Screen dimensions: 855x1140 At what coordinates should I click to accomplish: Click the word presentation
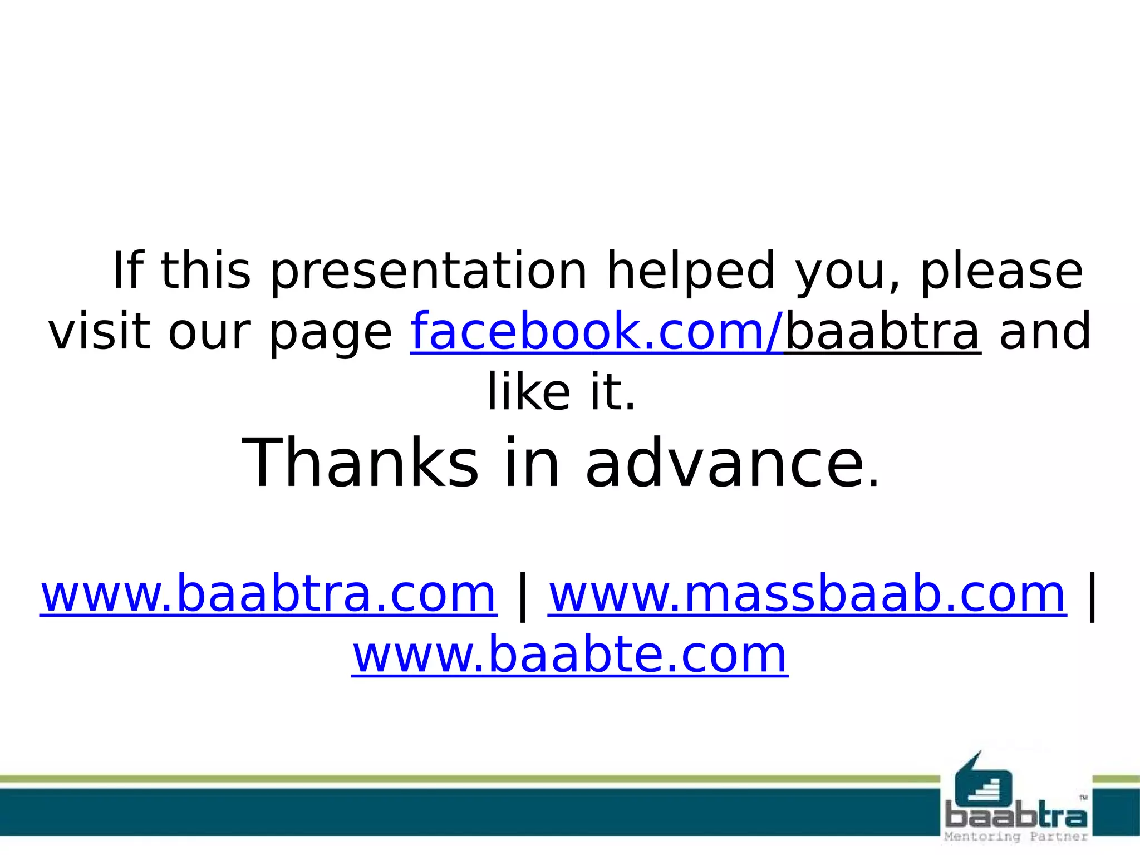tap(429, 272)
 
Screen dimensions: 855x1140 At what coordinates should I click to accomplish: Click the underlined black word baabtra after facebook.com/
tap(882, 332)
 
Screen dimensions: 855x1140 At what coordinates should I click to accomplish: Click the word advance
tap(731, 464)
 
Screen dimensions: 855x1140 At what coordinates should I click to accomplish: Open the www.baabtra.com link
tap(268, 594)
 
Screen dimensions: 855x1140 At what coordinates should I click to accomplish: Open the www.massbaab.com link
tap(807, 594)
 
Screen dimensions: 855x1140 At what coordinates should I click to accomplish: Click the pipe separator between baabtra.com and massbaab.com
tap(522, 596)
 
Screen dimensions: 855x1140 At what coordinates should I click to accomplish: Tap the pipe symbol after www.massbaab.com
tap(1092, 596)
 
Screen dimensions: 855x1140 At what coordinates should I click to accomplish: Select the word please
tap(1001, 272)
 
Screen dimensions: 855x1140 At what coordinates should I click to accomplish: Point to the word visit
tap(100, 332)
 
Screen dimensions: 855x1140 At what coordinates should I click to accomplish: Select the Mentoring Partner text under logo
tap(1016, 837)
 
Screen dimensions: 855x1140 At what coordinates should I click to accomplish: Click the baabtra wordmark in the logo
tap(1016, 817)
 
